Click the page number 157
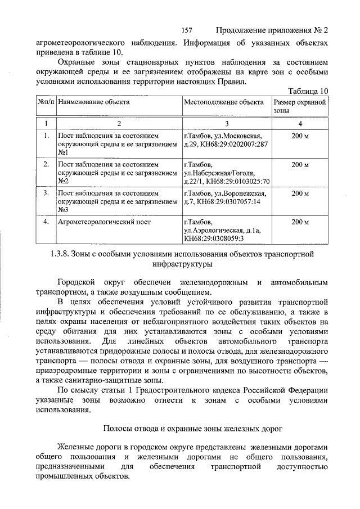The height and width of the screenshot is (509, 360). click(188, 30)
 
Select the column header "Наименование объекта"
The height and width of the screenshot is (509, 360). click(93, 102)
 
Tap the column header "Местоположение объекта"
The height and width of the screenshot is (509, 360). click(223, 102)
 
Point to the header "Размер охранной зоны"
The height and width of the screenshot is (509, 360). click(300, 107)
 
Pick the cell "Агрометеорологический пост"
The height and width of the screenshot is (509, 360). click(104, 222)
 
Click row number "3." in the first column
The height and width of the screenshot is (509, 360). click(46, 193)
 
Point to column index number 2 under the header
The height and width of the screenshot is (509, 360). click(119, 123)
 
